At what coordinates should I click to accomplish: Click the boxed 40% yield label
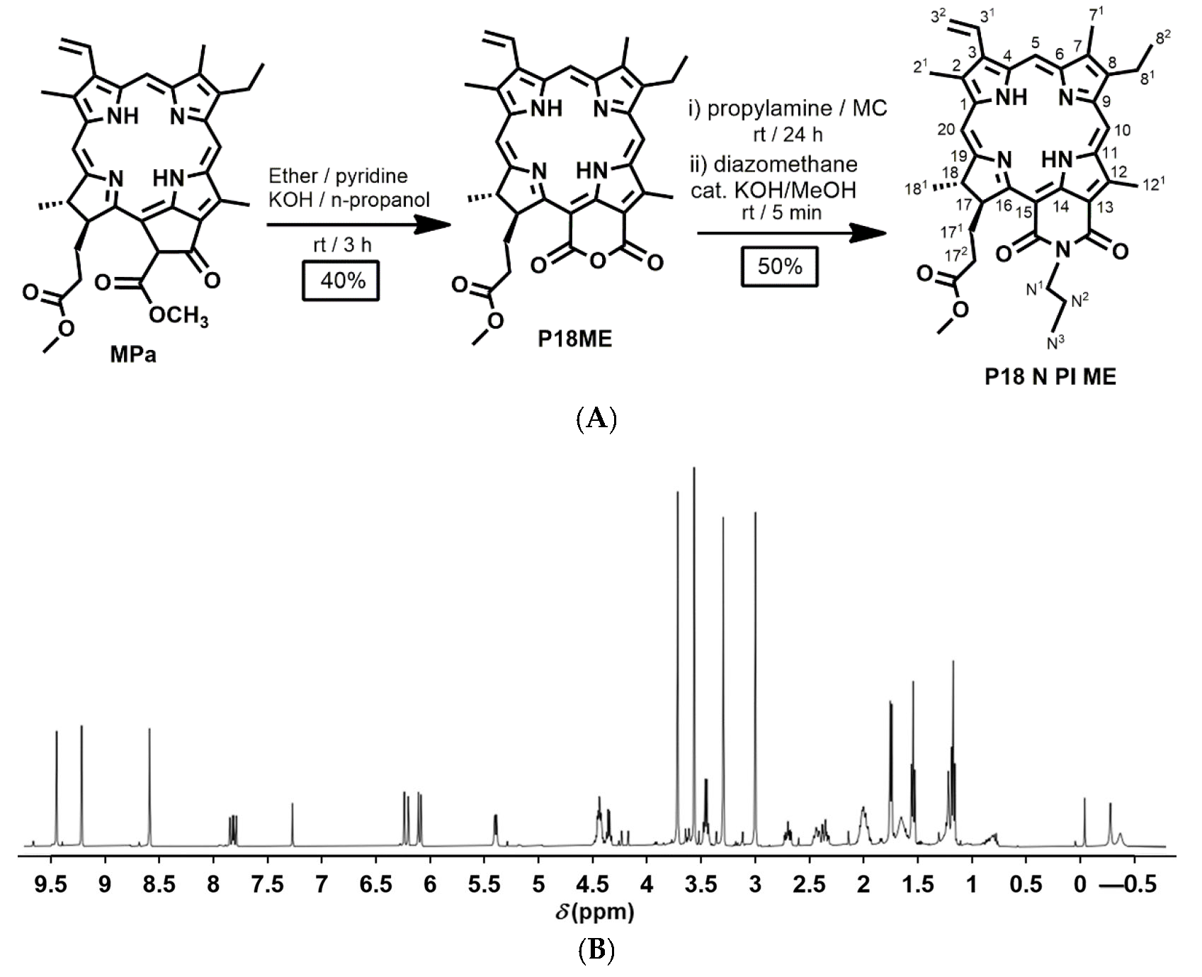coord(343,281)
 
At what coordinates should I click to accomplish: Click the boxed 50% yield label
coord(780,266)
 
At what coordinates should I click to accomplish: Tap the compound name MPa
coord(133,354)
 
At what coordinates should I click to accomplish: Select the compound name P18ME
coord(574,339)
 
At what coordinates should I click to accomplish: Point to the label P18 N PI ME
coord(1050,377)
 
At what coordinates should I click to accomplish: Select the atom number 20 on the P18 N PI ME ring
coord(946,129)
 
